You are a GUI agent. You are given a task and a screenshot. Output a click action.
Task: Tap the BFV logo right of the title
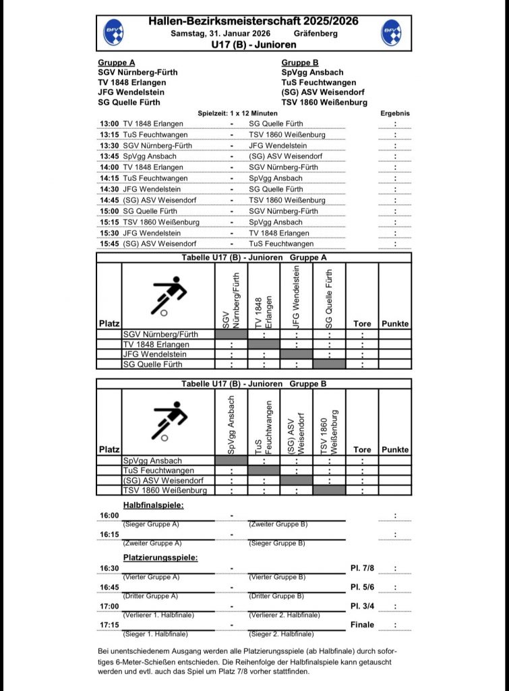point(391,32)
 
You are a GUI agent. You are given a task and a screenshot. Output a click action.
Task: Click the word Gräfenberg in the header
point(316,33)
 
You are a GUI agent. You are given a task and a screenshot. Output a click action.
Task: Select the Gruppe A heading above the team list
point(117,63)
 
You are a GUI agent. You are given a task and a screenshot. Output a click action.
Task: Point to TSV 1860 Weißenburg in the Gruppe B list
point(324,102)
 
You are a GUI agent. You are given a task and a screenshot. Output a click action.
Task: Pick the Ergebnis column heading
point(395,113)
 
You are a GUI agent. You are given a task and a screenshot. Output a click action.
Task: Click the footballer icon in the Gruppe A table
point(168,295)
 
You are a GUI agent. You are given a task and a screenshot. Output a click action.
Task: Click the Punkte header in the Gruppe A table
point(395,324)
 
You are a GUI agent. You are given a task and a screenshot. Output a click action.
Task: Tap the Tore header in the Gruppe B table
point(362,449)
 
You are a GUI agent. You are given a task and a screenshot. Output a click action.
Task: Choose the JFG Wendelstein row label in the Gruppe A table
point(154,354)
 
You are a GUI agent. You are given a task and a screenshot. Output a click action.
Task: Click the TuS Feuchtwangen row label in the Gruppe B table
point(158,470)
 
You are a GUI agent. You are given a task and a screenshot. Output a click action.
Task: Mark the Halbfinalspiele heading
point(153,505)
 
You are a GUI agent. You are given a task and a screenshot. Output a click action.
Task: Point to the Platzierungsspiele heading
point(160,557)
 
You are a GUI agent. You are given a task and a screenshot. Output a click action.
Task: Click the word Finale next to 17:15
point(362,625)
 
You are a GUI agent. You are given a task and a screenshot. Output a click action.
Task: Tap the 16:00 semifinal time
point(109,516)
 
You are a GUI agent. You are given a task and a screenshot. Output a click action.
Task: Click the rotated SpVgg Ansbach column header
point(231,424)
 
